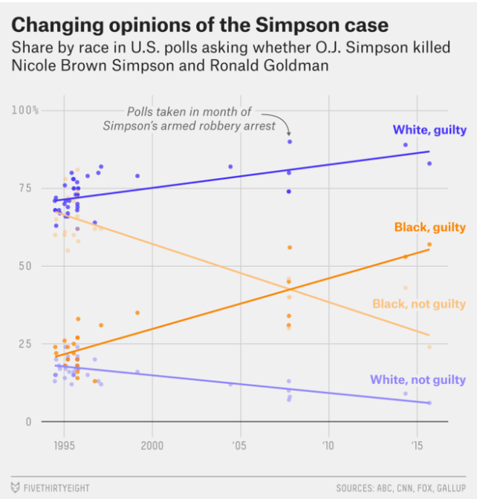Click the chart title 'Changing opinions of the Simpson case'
199,25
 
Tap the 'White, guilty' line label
429,131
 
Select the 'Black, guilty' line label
430,227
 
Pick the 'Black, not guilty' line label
418,304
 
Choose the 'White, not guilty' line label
418,379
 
